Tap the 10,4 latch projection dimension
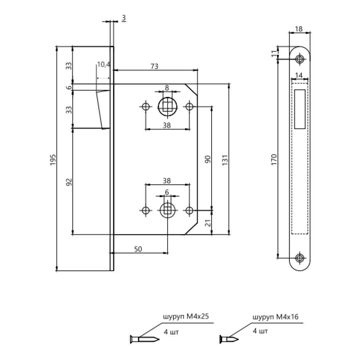click(103, 65)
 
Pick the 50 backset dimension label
click(138, 249)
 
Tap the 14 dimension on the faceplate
click(299, 75)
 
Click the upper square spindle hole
click(167, 107)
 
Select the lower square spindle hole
click(167, 210)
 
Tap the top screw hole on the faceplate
click(299, 59)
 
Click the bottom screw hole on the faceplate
click(299, 258)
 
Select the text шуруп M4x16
click(275, 317)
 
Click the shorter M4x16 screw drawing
click(229, 340)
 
